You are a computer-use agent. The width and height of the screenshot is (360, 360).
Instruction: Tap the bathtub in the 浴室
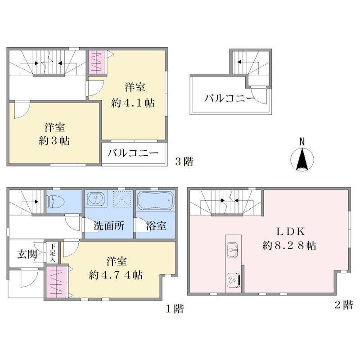click(x=155, y=200)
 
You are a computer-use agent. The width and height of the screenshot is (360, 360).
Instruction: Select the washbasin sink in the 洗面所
click(x=95, y=198)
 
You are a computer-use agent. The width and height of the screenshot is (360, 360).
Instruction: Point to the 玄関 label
click(x=27, y=254)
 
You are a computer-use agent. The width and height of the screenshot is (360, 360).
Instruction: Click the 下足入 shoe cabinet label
click(x=53, y=253)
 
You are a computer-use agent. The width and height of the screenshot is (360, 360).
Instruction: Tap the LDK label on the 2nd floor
click(x=290, y=232)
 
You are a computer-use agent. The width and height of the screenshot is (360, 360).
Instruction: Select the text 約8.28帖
click(x=289, y=246)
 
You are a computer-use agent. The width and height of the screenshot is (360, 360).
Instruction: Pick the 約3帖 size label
click(x=54, y=141)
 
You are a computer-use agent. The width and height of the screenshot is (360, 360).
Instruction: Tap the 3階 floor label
click(x=184, y=162)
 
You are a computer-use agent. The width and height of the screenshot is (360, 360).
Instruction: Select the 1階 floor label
click(x=175, y=309)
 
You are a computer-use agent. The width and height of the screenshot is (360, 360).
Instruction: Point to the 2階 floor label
click(x=343, y=305)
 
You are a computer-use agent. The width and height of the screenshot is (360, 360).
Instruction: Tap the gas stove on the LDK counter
click(x=233, y=280)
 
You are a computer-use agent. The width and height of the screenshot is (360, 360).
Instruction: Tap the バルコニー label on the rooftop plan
click(x=229, y=99)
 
